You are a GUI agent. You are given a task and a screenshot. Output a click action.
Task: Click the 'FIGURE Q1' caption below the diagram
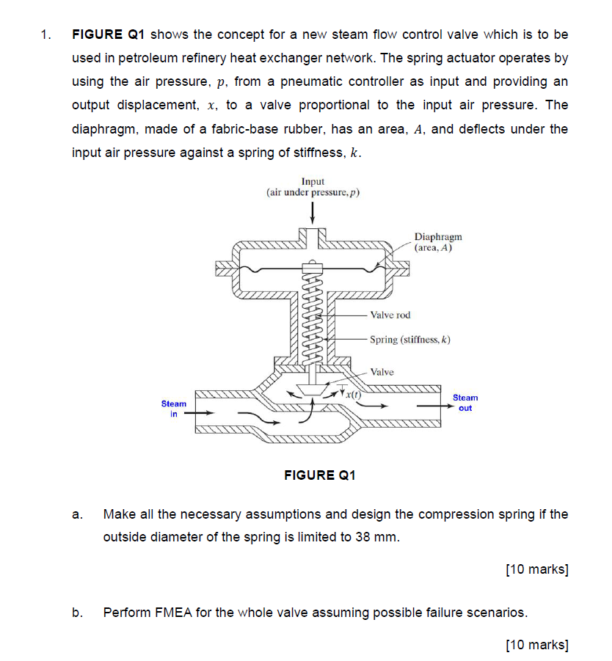tap(319, 475)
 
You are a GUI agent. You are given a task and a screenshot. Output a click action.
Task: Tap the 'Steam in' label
tap(174, 409)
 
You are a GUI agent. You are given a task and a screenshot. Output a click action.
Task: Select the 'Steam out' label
tap(465, 403)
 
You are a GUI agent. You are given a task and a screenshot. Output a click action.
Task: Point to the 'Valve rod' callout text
tap(390, 315)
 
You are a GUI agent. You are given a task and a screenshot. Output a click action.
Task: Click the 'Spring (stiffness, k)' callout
tap(409, 340)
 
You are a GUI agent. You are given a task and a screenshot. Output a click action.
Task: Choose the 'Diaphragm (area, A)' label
tap(438, 242)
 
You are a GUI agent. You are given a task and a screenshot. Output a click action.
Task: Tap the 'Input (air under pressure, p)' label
tap(313, 187)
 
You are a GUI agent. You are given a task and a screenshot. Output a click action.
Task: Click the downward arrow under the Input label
tap(313, 212)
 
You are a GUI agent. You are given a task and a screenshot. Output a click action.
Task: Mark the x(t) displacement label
tap(354, 395)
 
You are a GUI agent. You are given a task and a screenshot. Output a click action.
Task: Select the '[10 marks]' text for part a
tap(537, 569)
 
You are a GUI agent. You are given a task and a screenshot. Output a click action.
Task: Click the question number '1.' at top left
tap(47, 34)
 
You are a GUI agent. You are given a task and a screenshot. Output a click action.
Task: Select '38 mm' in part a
tap(378, 536)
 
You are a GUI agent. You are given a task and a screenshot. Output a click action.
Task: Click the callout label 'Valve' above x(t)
tap(382, 372)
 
